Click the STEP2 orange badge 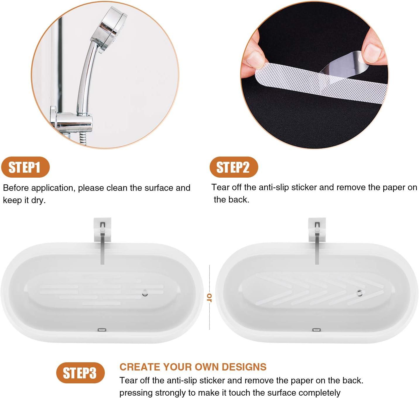(233, 167)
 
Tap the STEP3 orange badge (80, 373)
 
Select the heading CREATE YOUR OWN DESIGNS (193, 367)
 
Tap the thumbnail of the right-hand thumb (372, 53)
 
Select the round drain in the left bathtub (145, 293)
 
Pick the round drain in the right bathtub (360, 293)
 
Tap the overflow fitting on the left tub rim (101, 330)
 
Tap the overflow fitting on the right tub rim (316, 330)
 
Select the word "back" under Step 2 (240, 200)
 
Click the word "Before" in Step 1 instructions (16, 188)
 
